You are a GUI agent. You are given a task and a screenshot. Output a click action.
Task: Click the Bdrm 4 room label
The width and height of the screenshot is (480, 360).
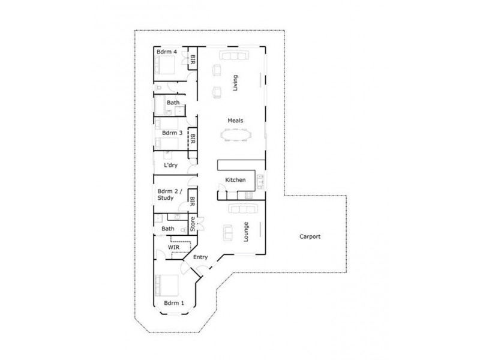point(166,52)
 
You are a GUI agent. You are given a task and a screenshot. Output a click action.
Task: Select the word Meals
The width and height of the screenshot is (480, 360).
point(235,121)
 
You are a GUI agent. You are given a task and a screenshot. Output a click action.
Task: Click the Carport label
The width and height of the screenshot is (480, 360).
point(310,236)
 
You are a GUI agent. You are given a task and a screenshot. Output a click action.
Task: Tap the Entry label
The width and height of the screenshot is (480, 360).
point(200,257)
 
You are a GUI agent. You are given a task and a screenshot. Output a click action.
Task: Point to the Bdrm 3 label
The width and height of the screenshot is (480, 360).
point(172,133)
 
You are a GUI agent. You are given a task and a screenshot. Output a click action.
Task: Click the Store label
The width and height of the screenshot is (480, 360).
point(193,224)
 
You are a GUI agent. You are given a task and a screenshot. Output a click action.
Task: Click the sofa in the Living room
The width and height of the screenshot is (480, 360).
point(234,56)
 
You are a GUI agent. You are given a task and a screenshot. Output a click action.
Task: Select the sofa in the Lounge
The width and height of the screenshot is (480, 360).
point(242,208)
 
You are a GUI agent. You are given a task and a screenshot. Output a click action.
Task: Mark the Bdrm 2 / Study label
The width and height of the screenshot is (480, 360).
point(166,194)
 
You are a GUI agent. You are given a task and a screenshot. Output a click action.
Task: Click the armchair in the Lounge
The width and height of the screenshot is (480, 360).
point(229,230)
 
